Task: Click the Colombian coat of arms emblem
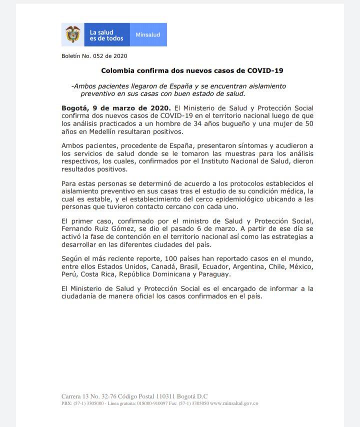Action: [x=73, y=34]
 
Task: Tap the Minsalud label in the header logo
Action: [x=148, y=35]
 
